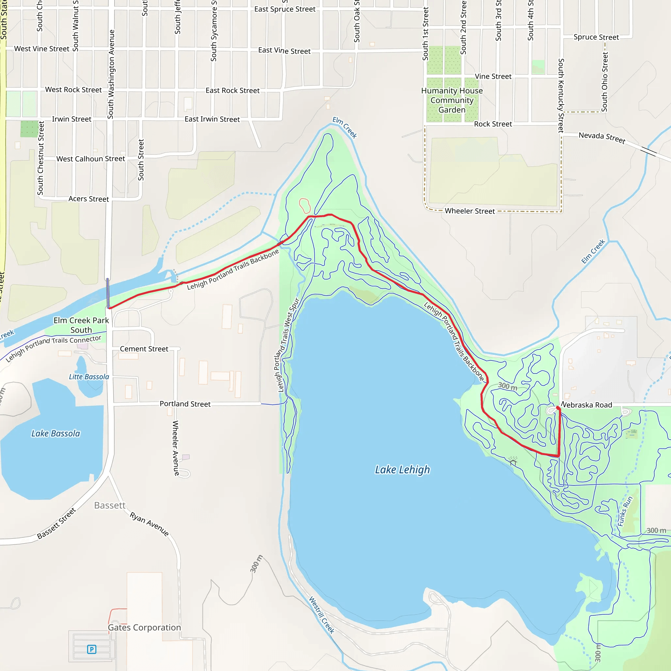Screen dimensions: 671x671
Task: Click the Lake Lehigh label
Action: [x=402, y=470]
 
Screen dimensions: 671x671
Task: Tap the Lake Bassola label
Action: [x=56, y=433]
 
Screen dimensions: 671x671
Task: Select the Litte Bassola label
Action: [x=89, y=377]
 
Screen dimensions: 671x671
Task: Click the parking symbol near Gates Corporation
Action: [x=92, y=649]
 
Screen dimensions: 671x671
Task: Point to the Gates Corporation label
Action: [x=144, y=627]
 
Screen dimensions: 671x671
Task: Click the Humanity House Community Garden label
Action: [x=452, y=100]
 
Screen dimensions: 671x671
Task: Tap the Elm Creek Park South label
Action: [x=81, y=325]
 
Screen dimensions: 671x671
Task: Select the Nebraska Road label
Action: [x=587, y=405]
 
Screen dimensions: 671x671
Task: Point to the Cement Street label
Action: [x=144, y=349]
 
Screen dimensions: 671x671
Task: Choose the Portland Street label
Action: [x=185, y=404]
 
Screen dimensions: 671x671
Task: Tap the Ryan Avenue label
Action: [x=149, y=524]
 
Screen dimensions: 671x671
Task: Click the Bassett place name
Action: [x=110, y=505]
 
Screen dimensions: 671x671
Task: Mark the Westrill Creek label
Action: [x=322, y=615]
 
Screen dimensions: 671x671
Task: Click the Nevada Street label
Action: [x=602, y=138]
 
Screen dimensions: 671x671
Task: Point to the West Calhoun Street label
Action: [x=91, y=159]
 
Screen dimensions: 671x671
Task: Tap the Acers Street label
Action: [x=88, y=199]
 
